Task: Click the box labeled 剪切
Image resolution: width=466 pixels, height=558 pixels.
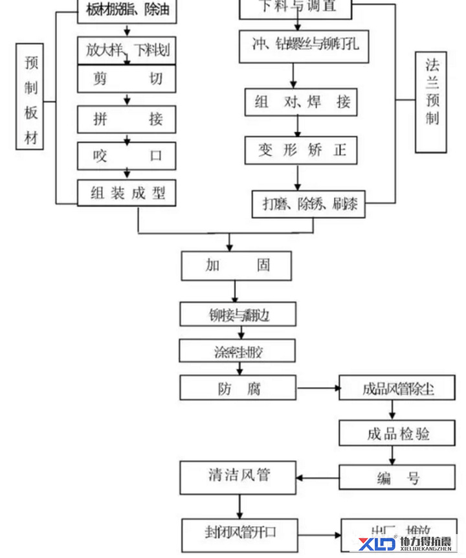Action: (127, 80)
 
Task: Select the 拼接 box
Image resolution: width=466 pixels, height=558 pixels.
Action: (127, 119)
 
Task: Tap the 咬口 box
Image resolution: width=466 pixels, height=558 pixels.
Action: (127, 155)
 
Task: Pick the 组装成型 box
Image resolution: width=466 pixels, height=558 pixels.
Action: (127, 193)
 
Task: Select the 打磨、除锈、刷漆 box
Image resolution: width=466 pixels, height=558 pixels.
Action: (308, 204)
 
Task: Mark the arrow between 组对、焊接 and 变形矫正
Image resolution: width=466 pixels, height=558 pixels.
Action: (295, 126)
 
